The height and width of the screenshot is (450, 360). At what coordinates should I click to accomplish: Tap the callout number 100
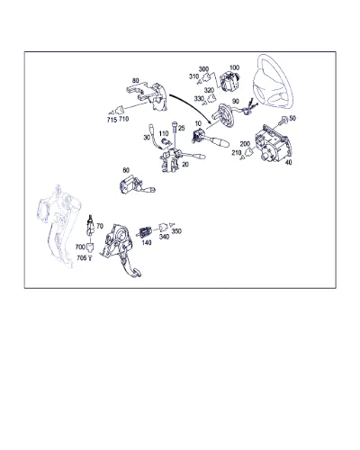pyautogui.click(x=235, y=67)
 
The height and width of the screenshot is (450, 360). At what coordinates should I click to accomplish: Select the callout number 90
pyautogui.click(x=236, y=102)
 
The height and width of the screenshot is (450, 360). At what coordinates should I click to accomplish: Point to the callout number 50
pyautogui.click(x=292, y=118)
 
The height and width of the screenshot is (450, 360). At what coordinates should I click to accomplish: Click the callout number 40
pyautogui.click(x=288, y=162)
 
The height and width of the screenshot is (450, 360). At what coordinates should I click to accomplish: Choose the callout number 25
pyautogui.click(x=182, y=129)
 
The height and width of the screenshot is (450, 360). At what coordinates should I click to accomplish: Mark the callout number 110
pyautogui.click(x=164, y=133)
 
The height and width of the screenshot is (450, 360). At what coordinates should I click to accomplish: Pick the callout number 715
pyautogui.click(x=112, y=120)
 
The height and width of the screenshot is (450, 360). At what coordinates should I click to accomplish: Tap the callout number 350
pyautogui.click(x=176, y=231)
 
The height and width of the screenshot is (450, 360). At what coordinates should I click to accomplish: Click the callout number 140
pyautogui.click(x=147, y=242)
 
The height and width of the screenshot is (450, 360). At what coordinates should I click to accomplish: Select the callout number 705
pyautogui.click(x=81, y=257)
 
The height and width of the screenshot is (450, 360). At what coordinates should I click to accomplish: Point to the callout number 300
pyautogui.click(x=203, y=69)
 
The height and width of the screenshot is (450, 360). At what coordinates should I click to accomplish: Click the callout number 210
pyautogui.click(x=237, y=153)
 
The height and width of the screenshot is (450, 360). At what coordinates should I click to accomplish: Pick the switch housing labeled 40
pyautogui.click(x=273, y=143)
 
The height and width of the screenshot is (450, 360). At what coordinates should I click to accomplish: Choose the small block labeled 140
pyautogui.click(x=146, y=232)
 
